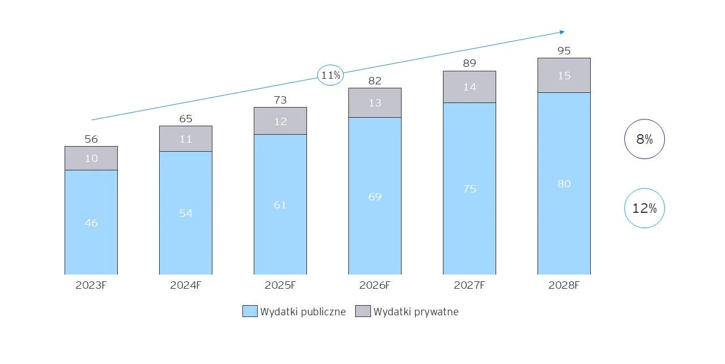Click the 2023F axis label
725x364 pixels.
click(x=91, y=285)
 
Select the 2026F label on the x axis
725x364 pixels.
click(x=374, y=285)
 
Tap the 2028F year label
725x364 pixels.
click(x=564, y=285)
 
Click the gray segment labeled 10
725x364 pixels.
click(x=91, y=158)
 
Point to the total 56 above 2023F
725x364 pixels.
click(x=91, y=139)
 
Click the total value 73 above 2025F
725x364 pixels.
click(x=280, y=100)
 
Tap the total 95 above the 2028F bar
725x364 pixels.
click(x=564, y=50)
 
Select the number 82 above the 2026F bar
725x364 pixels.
click(x=374, y=80)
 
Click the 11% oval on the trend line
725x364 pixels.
click(x=330, y=75)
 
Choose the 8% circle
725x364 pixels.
click(x=644, y=139)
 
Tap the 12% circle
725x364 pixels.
click(x=644, y=208)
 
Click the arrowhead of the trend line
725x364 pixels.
click(x=561, y=32)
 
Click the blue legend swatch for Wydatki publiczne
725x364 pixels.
click(x=250, y=311)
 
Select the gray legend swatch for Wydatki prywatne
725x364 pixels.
click(x=363, y=311)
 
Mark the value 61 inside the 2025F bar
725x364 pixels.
click(x=280, y=204)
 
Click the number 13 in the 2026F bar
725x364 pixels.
click(x=374, y=102)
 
